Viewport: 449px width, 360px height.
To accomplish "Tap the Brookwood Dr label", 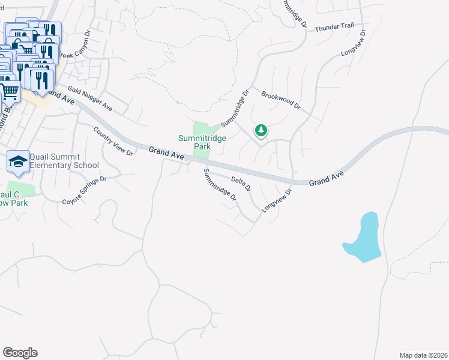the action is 280,100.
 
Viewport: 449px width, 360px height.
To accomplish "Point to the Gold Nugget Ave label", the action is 90,99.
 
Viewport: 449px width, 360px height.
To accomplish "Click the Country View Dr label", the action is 113,141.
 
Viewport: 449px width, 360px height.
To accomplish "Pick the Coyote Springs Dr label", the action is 85,190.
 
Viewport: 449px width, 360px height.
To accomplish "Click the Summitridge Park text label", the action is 202,142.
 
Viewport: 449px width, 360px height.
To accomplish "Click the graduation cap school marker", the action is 19,161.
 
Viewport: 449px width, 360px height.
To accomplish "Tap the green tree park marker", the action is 261,130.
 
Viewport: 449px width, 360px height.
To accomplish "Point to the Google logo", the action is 20,353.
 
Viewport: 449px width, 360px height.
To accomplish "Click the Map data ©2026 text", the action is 423,355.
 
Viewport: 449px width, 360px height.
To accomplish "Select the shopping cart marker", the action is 11,92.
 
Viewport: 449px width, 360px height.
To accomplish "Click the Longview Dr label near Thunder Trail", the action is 353,43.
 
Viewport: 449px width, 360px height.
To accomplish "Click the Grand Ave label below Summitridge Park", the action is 166,154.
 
